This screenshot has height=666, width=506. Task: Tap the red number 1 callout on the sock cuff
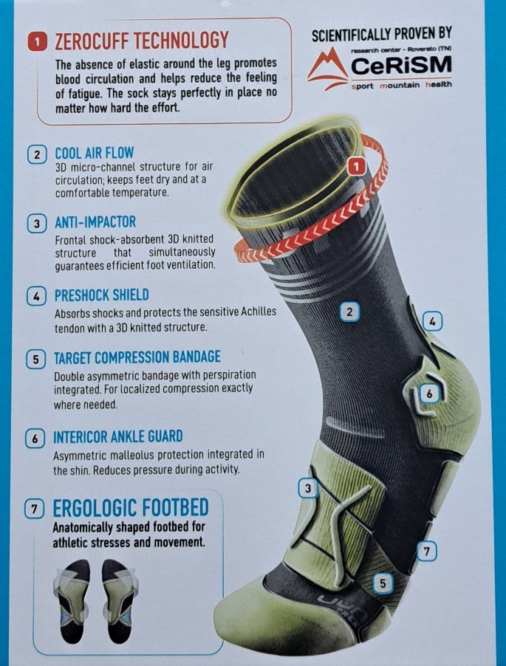(x=357, y=167)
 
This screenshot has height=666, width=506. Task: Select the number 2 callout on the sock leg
(x=349, y=312)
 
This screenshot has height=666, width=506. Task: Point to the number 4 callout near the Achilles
(x=432, y=321)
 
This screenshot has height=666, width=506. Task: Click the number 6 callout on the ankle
(x=429, y=394)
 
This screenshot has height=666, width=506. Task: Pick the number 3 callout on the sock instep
(x=308, y=489)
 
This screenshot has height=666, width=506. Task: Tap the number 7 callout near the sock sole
(x=427, y=552)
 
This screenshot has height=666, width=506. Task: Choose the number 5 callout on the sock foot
(x=383, y=583)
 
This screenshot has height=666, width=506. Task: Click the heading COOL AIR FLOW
(x=95, y=153)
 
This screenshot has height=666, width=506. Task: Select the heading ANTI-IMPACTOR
(x=95, y=222)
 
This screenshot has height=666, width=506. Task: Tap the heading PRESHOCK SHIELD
(x=101, y=295)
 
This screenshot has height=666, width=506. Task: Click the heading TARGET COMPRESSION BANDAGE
(x=137, y=357)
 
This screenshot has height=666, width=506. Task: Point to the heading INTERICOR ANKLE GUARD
(x=117, y=436)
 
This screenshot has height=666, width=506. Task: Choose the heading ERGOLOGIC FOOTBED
(x=131, y=508)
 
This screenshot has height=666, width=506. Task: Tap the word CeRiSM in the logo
(x=402, y=65)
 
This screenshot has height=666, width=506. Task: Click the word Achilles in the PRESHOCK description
(x=259, y=312)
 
